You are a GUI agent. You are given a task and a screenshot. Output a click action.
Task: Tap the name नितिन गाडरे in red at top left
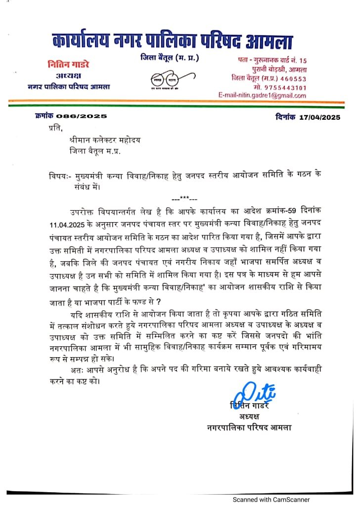tap(69, 65)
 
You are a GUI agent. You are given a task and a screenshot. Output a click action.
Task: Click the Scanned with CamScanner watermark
tap(271, 500)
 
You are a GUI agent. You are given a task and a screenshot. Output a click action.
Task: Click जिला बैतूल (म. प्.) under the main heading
tap(170, 58)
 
